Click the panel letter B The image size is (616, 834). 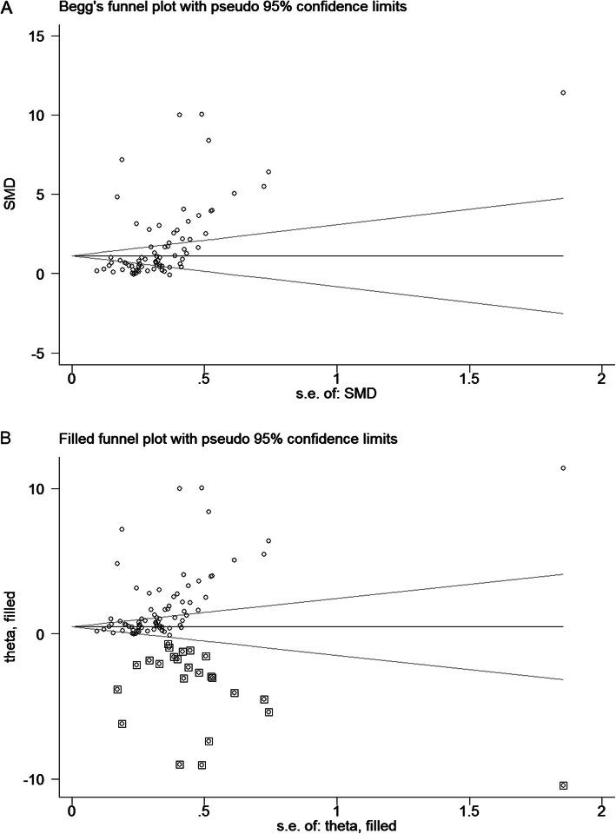pyautogui.click(x=8, y=440)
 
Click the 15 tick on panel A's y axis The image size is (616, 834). pyautogui.click(x=49, y=36)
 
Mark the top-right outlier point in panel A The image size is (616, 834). pyautogui.click(x=563, y=92)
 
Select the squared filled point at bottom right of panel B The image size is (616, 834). pyautogui.click(x=563, y=785)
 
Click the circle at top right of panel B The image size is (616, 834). pyautogui.click(x=563, y=468)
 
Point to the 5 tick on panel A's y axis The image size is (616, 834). pyautogui.click(x=54, y=195)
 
